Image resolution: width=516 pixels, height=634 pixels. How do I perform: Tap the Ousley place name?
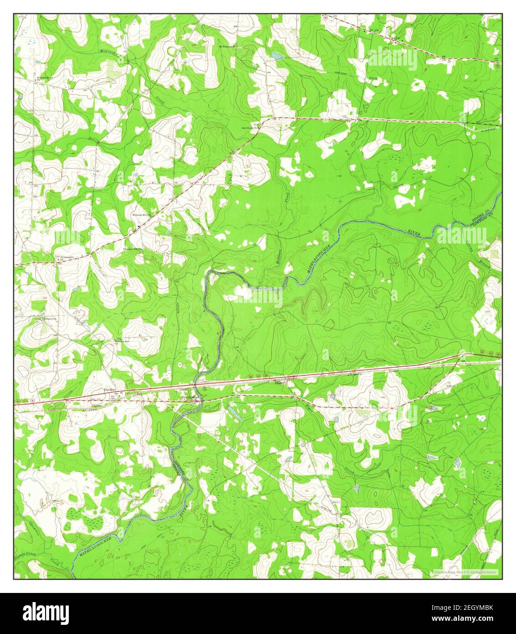(x=279, y=383)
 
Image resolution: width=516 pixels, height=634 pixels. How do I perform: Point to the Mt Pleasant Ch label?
(x=227, y=47)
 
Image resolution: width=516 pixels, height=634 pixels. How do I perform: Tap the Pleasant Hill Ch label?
(x=133, y=249)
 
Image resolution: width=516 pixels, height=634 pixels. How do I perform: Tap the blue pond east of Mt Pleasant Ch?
(x=277, y=56)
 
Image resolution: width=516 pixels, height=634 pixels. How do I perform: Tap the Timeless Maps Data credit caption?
(x=465, y=572)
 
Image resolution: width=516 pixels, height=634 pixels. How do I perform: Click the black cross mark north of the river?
(x=341, y=201)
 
